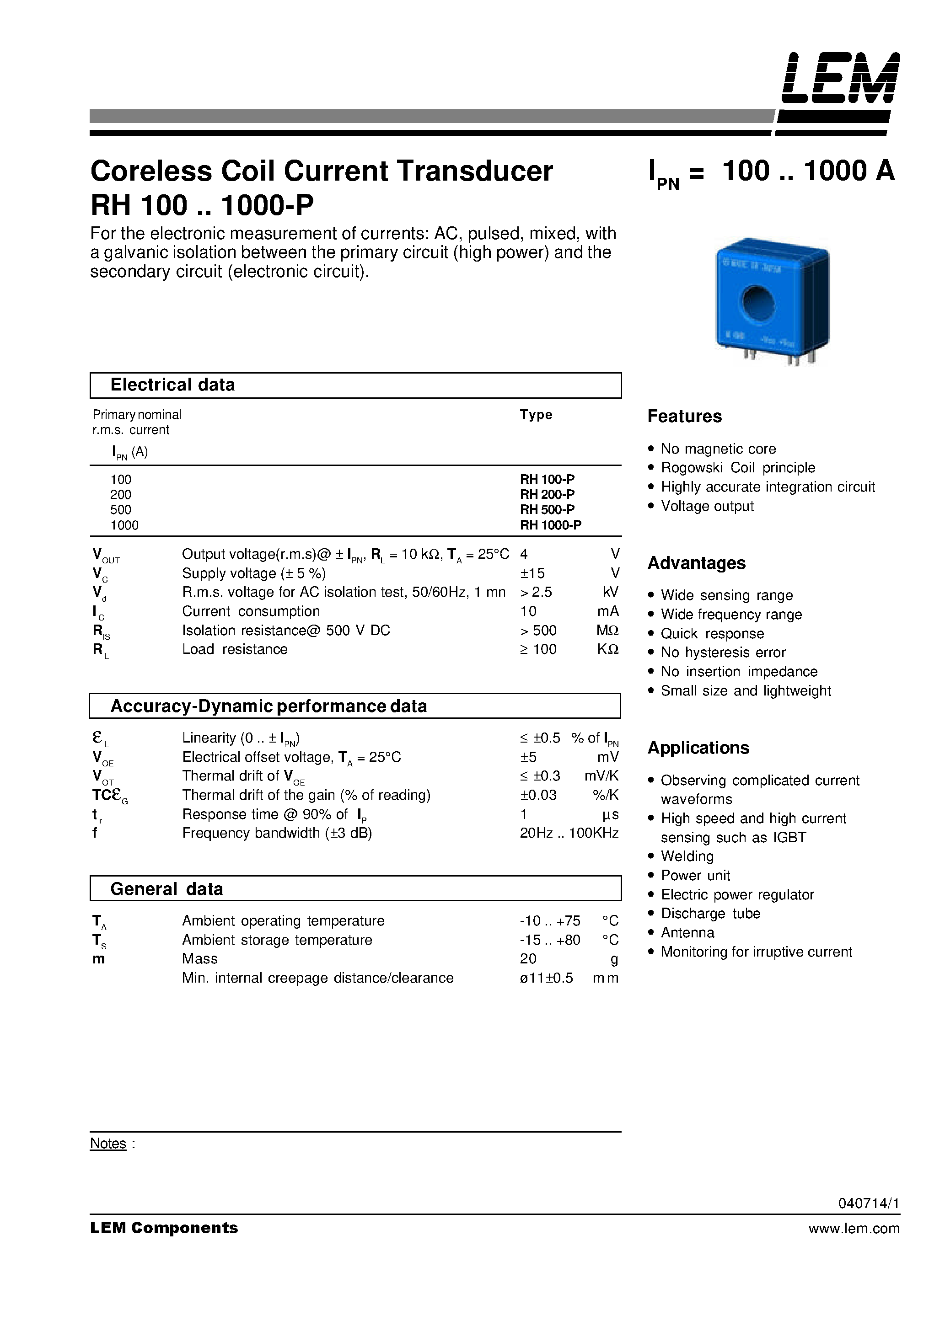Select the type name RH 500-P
(547, 509)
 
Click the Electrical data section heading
(172, 385)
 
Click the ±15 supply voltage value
(532, 573)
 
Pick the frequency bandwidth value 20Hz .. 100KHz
(569, 833)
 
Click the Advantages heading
(696, 563)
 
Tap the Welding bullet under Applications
(687, 856)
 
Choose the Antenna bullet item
(687, 933)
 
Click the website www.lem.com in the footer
(854, 1229)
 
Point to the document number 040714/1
(869, 1203)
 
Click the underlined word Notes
(108, 1144)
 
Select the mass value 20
(528, 959)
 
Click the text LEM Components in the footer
(164, 1228)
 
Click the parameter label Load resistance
(234, 649)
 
